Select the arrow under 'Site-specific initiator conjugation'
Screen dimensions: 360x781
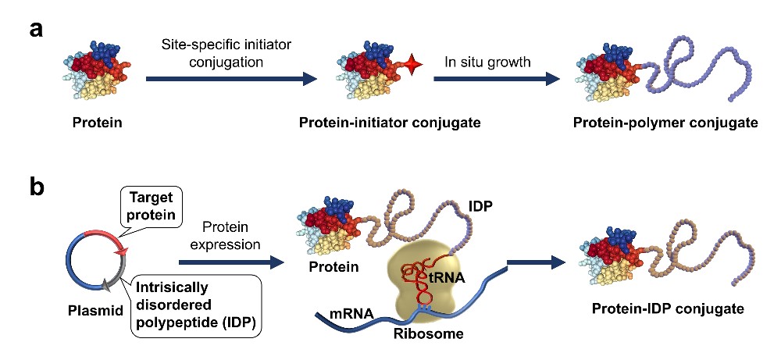pyautogui.click(x=230, y=78)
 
